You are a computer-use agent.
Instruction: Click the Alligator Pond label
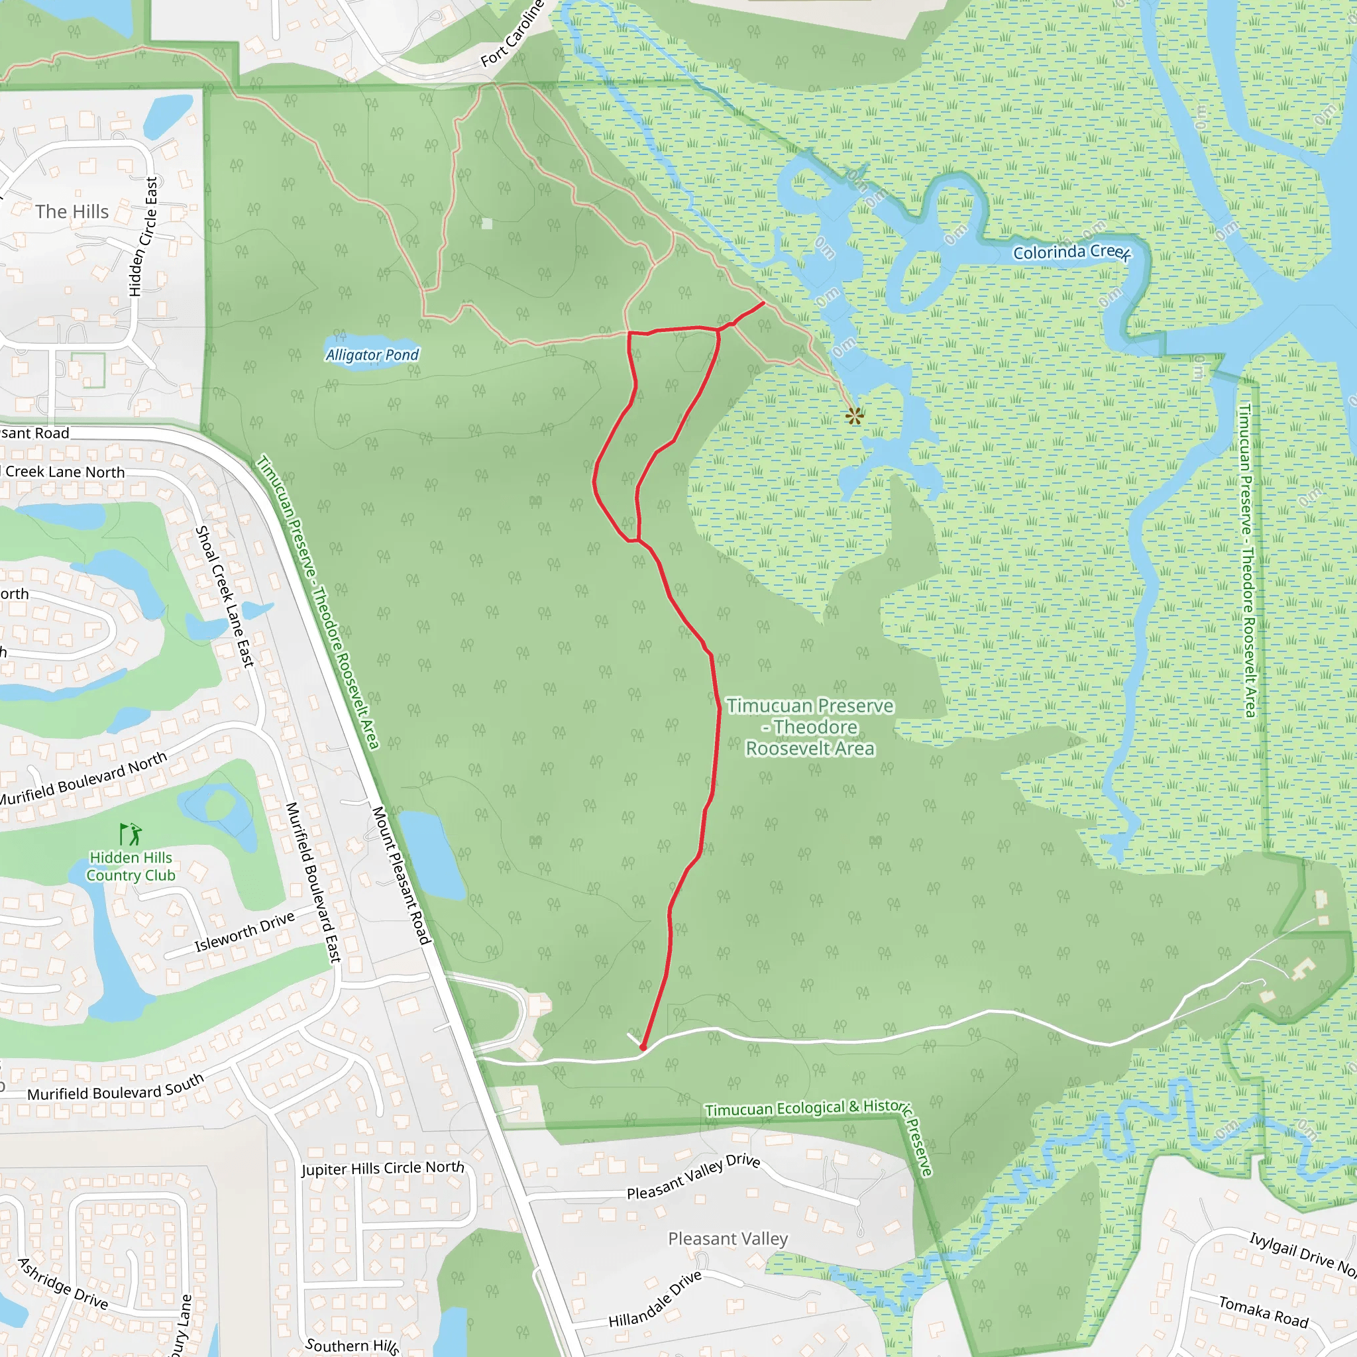(372, 354)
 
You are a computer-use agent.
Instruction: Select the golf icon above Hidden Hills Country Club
(131, 834)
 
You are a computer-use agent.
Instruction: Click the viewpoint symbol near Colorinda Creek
(854, 416)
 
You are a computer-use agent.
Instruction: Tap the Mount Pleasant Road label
(400, 875)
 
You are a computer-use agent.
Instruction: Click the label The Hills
(72, 211)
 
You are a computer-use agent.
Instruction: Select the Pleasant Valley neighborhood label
(728, 1238)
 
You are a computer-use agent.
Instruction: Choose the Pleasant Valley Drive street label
(693, 1177)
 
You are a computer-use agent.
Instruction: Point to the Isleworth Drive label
(244, 932)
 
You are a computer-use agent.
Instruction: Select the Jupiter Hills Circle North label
(383, 1168)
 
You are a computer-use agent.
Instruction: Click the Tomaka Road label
(1264, 1311)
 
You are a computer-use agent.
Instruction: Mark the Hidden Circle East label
(143, 237)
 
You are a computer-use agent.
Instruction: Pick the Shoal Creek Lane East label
(225, 596)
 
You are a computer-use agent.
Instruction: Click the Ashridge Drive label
(63, 1284)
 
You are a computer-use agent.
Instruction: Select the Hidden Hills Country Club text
(131, 866)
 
